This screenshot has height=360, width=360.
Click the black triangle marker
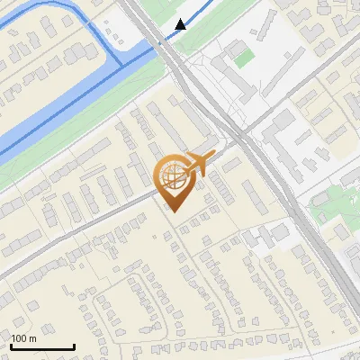click(181, 24)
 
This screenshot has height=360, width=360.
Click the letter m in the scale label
click(32, 338)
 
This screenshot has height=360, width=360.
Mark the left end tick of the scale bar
click(11, 346)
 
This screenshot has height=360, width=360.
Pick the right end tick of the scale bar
click(74, 346)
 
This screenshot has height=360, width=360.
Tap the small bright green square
click(243, 58)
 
